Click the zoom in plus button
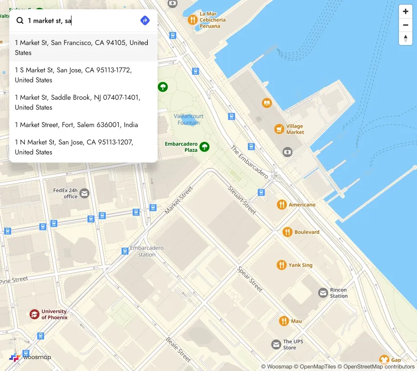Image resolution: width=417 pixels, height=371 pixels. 405,12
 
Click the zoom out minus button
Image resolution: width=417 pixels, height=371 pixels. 405,25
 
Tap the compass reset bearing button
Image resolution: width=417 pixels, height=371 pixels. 405,38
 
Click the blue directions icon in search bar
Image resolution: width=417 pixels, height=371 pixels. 145,20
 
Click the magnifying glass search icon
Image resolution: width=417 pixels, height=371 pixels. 20,20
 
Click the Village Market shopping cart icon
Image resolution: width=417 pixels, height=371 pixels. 279,129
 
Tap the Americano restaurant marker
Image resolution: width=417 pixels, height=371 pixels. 282,205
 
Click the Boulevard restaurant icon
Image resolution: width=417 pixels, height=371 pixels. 287,232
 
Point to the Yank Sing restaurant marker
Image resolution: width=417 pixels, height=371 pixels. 281,265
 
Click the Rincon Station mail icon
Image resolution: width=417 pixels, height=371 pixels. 323,293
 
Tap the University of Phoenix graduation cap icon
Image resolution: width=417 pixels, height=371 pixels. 34,314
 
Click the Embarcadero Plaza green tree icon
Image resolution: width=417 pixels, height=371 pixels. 204,147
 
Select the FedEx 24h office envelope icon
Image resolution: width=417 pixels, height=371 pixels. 84,193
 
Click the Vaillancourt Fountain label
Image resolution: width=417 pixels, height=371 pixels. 189,119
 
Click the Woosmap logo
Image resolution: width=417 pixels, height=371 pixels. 30,357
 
